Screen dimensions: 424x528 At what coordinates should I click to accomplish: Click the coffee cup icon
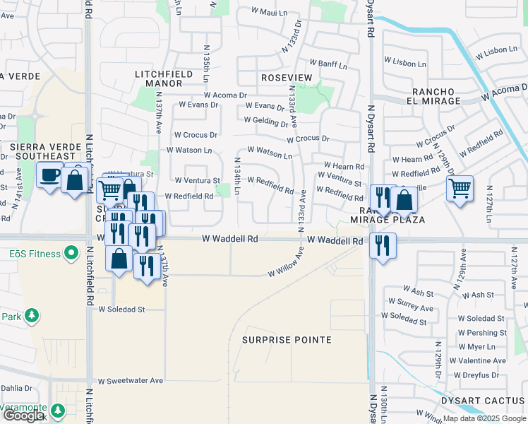point(49,175)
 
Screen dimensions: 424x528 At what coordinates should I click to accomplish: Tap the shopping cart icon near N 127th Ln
point(460,189)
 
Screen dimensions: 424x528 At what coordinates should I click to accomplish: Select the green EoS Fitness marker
point(71,252)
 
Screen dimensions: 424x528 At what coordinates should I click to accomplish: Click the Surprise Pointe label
point(287,340)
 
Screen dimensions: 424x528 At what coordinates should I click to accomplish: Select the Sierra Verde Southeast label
point(42,151)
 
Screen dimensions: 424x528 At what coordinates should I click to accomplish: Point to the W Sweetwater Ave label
point(131,381)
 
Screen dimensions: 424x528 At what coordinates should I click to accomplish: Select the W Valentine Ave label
point(482,360)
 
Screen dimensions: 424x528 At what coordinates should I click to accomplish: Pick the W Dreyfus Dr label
point(482,374)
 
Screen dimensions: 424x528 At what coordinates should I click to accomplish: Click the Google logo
point(23,416)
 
